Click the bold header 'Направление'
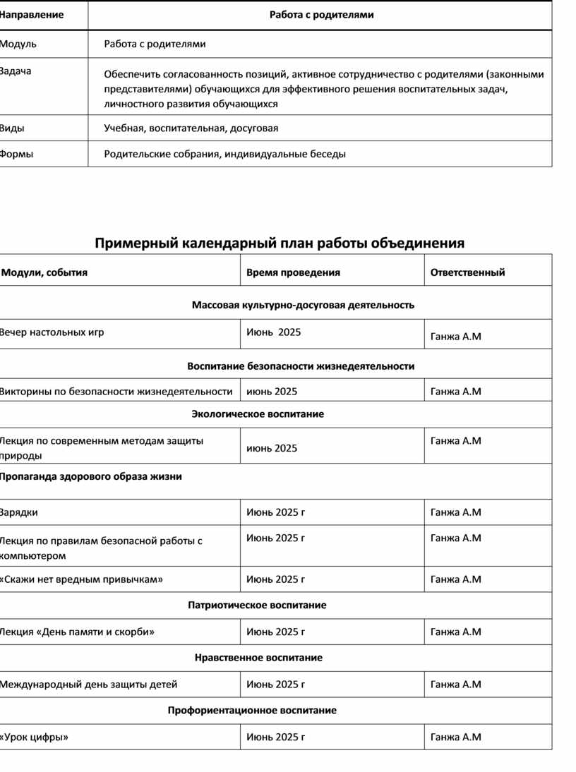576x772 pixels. pyautogui.click(x=32, y=15)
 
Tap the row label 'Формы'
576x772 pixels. pyautogui.click(x=17, y=154)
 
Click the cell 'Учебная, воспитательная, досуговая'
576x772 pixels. pyautogui.click(x=191, y=128)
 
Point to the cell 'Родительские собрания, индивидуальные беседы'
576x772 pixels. pyautogui.click(x=224, y=154)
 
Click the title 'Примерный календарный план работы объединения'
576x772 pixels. pyautogui.click(x=280, y=243)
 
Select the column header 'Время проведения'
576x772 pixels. pyautogui.click(x=293, y=272)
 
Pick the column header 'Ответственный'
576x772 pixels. pyautogui.click(x=467, y=272)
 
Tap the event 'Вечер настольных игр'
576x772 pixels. pyautogui.click(x=52, y=332)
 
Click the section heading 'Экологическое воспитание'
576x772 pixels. pyautogui.click(x=258, y=414)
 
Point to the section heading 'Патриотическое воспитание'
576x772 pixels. pyautogui.click(x=257, y=605)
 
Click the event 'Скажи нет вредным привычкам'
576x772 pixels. pyautogui.click(x=81, y=579)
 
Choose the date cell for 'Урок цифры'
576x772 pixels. pyautogui.click(x=275, y=737)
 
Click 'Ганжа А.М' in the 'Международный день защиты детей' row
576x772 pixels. pyautogui.click(x=455, y=684)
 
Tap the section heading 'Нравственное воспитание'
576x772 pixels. pyautogui.click(x=258, y=658)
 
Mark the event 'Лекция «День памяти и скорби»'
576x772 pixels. pyautogui.click(x=77, y=632)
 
